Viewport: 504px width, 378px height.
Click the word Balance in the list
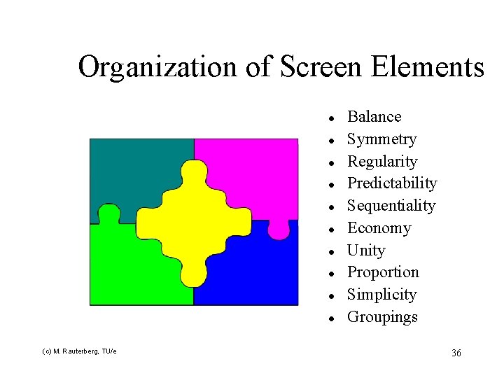(374, 117)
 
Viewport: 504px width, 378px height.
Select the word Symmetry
(381, 139)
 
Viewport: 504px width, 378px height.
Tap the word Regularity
(381, 162)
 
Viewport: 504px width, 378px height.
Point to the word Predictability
(391, 183)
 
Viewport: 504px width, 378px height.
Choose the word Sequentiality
(391, 206)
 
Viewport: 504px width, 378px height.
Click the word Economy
(379, 228)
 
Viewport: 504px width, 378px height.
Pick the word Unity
(365, 251)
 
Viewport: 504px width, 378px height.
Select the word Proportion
(382, 272)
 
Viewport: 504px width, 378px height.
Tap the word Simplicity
(381, 295)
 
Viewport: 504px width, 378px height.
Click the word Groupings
(382, 317)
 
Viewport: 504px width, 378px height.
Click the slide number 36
(456, 353)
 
